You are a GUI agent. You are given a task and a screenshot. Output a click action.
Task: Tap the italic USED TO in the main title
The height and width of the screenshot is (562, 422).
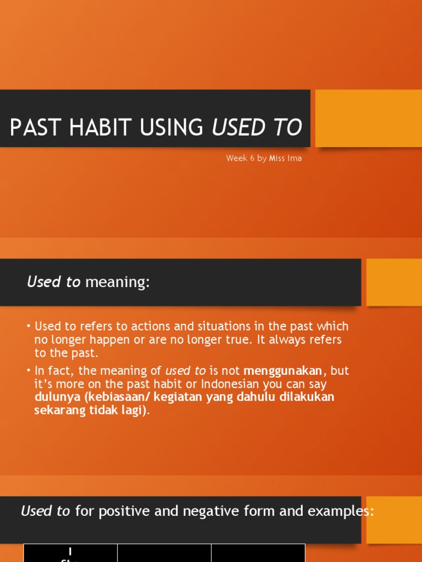click(257, 127)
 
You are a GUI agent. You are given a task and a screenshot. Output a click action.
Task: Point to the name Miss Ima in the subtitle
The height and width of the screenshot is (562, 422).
click(285, 158)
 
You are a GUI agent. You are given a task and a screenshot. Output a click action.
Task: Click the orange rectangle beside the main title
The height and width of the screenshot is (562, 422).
click(368, 118)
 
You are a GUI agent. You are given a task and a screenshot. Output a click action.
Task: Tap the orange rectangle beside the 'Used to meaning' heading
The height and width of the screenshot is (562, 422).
click(393, 282)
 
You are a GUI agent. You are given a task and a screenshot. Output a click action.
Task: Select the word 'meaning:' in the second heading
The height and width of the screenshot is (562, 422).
click(118, 282)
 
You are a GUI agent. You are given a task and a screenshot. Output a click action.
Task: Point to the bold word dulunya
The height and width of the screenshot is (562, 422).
click(57, 397)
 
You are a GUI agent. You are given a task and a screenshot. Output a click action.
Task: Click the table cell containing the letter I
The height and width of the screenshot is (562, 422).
click(70, 553)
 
